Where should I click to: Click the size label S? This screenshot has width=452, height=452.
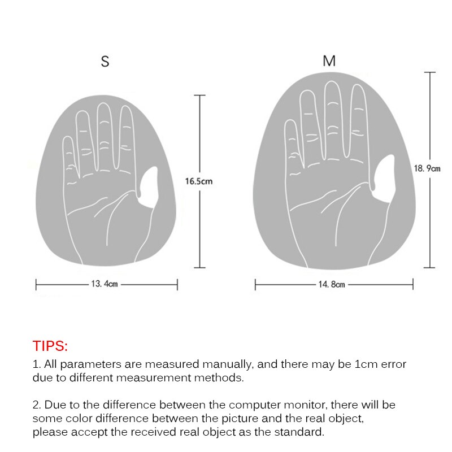tap(105, 62)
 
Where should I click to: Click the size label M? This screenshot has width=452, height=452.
tap(329, 61)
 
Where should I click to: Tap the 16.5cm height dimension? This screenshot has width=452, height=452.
tap(199, 181)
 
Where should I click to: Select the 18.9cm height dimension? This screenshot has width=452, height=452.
tap(427, 168)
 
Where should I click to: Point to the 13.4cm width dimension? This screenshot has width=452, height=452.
tap(105, 284)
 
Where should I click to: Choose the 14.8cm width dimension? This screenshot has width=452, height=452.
tap(332, 285)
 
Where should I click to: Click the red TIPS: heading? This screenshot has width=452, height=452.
tap(50, 346)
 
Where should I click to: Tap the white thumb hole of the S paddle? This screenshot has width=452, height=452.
tap(148, 187)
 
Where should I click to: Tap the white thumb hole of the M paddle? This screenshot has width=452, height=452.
tap(384, 179)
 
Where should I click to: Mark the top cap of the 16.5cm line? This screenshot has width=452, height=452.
tap(199, 95)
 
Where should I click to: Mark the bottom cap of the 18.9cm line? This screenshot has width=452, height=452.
tap(429, 267)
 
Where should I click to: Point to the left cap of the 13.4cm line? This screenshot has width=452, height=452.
tap(36, 285)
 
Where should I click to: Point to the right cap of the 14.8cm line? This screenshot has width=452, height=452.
tap(413, 284)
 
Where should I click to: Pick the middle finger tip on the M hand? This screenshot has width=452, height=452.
tap(332, 82)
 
